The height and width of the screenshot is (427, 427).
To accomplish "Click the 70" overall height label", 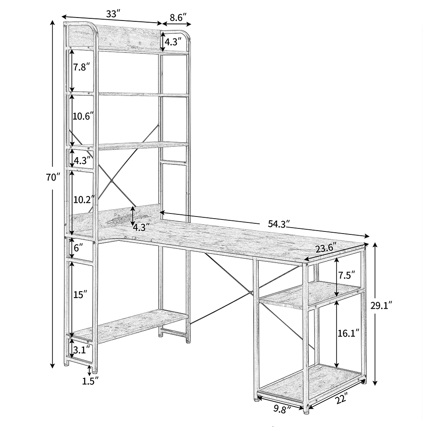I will tap(53, 177).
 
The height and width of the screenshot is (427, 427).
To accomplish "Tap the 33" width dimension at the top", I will tap(112, 14).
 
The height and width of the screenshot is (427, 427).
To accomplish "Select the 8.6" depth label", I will tap(178, 18).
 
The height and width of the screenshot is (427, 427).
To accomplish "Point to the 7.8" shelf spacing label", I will tap(82, 67).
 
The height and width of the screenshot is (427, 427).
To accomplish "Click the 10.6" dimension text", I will tap(83, 116).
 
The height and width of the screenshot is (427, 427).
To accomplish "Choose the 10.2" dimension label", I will tap(83, 199).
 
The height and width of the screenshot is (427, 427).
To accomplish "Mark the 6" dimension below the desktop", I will tap(78, 248).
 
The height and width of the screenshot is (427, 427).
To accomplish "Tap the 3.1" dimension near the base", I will tap(82, 350).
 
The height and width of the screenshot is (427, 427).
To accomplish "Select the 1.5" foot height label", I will tap(91, 379).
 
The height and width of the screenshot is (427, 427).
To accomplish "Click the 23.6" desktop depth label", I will tap(326, 247).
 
